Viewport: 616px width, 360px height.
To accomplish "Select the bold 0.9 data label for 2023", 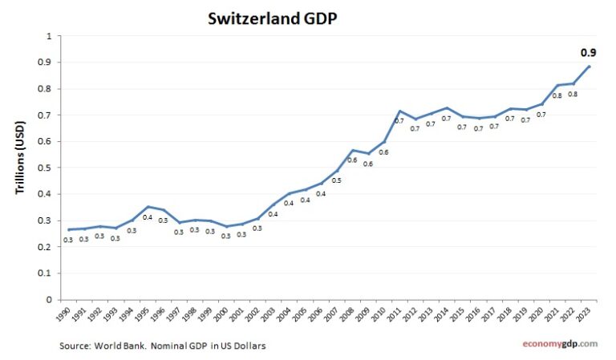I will click(587, 53).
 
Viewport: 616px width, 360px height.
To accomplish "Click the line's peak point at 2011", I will click(399, 111).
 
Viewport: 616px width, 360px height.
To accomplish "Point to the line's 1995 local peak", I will click(148, 207).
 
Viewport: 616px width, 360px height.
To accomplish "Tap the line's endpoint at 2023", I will click(590, 67).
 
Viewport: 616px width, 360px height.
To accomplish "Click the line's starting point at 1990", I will click(68, 229).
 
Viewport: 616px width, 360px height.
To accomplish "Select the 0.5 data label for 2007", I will click(336, 180).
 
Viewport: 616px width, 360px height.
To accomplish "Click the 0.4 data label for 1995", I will click(147, 217).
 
